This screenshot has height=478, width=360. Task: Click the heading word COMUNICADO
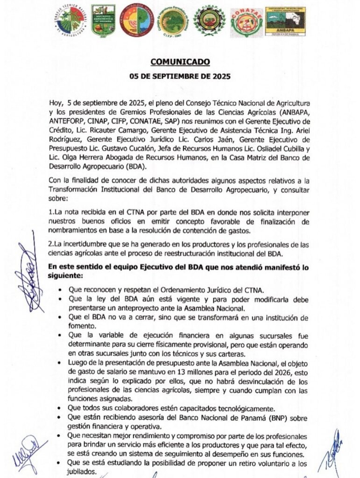(180, 62)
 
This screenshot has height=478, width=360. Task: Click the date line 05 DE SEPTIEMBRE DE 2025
(180, 77)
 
